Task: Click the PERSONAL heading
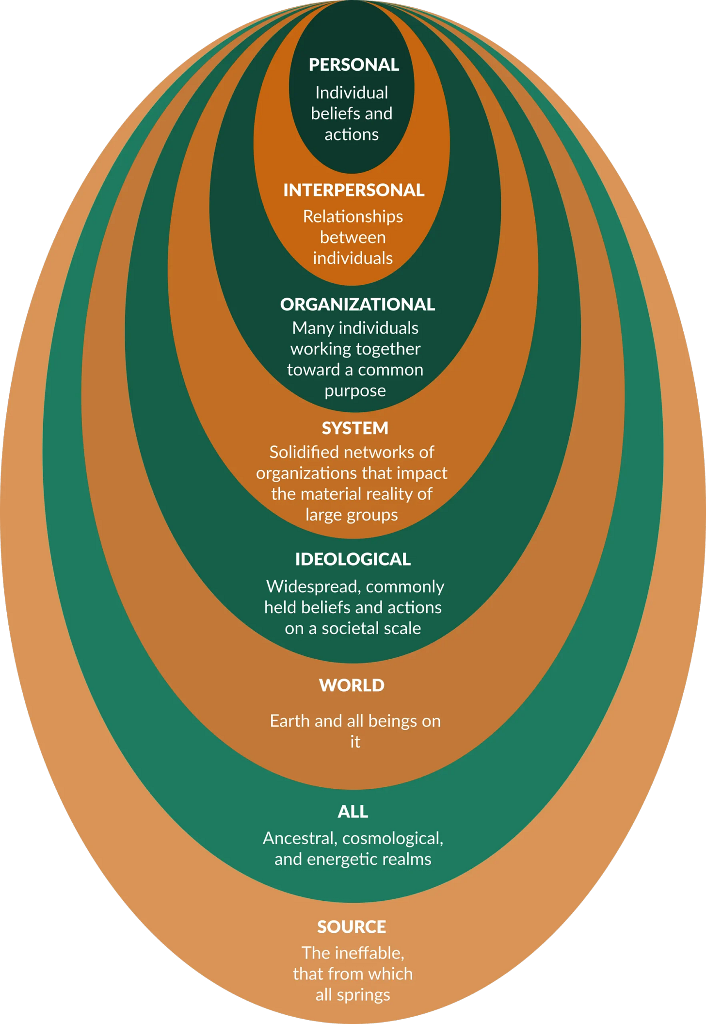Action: [354, 65]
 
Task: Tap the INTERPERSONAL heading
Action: [354, 190]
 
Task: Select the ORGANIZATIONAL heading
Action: [357, 305]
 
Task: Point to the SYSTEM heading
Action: [355, 428]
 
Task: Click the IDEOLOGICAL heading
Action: [353, 559]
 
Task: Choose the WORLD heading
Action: [352, 685]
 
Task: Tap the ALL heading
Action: [353, 812]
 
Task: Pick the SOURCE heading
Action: [352, 927]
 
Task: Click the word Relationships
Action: [353, 217]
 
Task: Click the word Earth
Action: [290, 721]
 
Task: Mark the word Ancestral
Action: [300, 839]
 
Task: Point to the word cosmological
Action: [393, 839]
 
